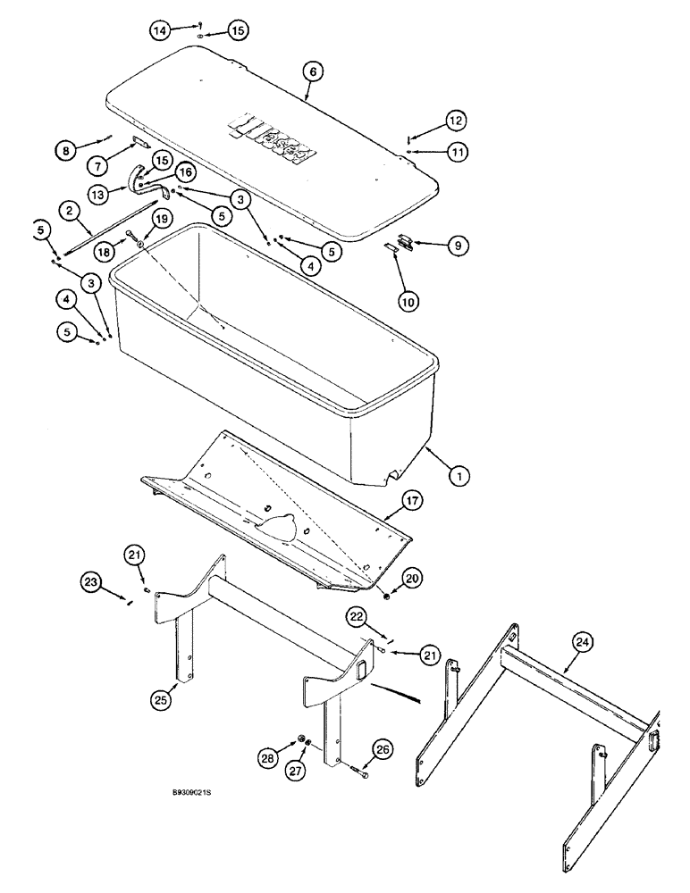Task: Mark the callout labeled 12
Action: [456, 120]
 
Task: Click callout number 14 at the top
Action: [160, 31]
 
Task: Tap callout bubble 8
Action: [64, 151]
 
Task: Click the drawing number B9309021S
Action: [198, 792]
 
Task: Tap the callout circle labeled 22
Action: [358, 617]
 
